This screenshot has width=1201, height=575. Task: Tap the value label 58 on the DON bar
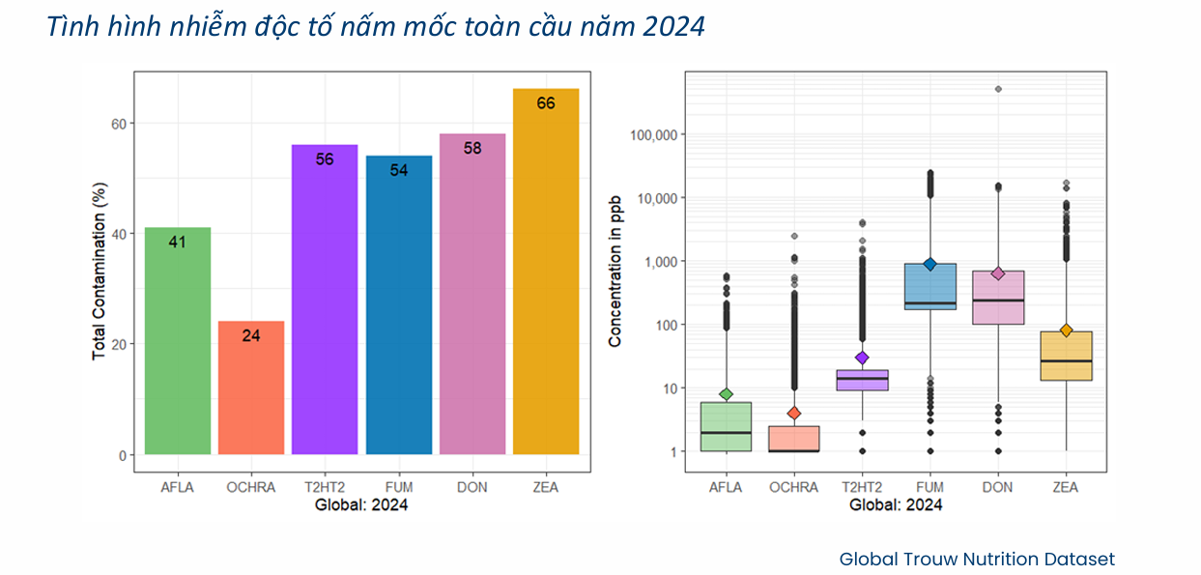pos(472,148)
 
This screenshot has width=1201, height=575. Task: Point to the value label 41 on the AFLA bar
pos(177,242)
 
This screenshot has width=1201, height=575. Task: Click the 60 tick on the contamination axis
pos(120,124)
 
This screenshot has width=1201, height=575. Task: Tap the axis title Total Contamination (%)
pos(99,288)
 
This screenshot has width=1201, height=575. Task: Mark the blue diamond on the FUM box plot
pos(929,264)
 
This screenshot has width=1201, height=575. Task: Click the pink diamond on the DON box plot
pos(998,273)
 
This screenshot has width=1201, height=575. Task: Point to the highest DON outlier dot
pos(998,89)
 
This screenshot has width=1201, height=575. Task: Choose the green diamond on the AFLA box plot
pos(726,394)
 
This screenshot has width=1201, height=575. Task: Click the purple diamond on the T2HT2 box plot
pos(862,358)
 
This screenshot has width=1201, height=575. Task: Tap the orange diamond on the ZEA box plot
pos(1066,331)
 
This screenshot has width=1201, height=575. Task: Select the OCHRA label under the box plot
pos(793,488)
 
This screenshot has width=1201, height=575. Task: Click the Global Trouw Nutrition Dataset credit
pos(977,559)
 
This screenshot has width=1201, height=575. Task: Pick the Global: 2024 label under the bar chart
pos(361,504)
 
